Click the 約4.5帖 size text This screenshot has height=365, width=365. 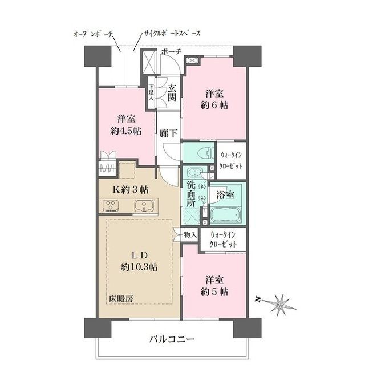(x=126, y=131)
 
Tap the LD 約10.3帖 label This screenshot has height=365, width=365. (x=139, y=259)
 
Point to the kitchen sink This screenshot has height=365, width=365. (x=143, y=206)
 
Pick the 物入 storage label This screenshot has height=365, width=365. (x=190, y=234)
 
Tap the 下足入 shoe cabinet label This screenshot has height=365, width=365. (x=152, y=93)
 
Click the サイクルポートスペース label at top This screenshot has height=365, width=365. (x=171, y=34)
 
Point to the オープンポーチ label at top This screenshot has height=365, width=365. (x=95, y=34)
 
